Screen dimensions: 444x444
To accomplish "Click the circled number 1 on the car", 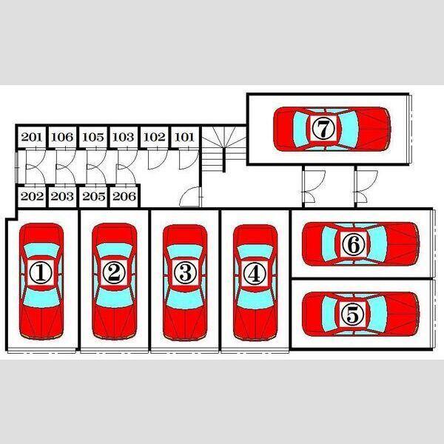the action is [x=41, y=273].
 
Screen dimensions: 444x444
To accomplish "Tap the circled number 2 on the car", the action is [x=114, y=273].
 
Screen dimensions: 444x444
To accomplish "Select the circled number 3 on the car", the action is [x=185, y=273].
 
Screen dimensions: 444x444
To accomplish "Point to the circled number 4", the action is [x=255, y=273].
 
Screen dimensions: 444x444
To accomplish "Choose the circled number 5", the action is [x=352, y=314].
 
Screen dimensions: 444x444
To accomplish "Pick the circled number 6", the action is [x=353, y=244].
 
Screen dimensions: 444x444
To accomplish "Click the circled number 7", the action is [x=323, y=128].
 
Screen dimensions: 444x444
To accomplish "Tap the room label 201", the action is [x=31, y=137].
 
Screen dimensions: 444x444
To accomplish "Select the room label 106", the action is [x=62, y=137].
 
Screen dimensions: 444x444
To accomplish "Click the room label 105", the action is [x=93, y=137].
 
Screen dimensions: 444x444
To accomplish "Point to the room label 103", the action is [x=123, y=137].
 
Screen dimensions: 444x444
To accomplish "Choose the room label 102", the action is [x=155, y=137].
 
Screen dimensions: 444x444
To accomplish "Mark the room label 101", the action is [x=184, y=137].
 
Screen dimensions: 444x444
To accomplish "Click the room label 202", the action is [x=32, y=196].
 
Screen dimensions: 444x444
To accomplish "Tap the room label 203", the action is [x=62, y=196].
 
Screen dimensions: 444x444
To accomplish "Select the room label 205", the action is [x=94, y=196].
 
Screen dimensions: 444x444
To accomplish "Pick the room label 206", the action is [x=124, y=196].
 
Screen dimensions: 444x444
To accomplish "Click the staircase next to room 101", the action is [x=223, y=149].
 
